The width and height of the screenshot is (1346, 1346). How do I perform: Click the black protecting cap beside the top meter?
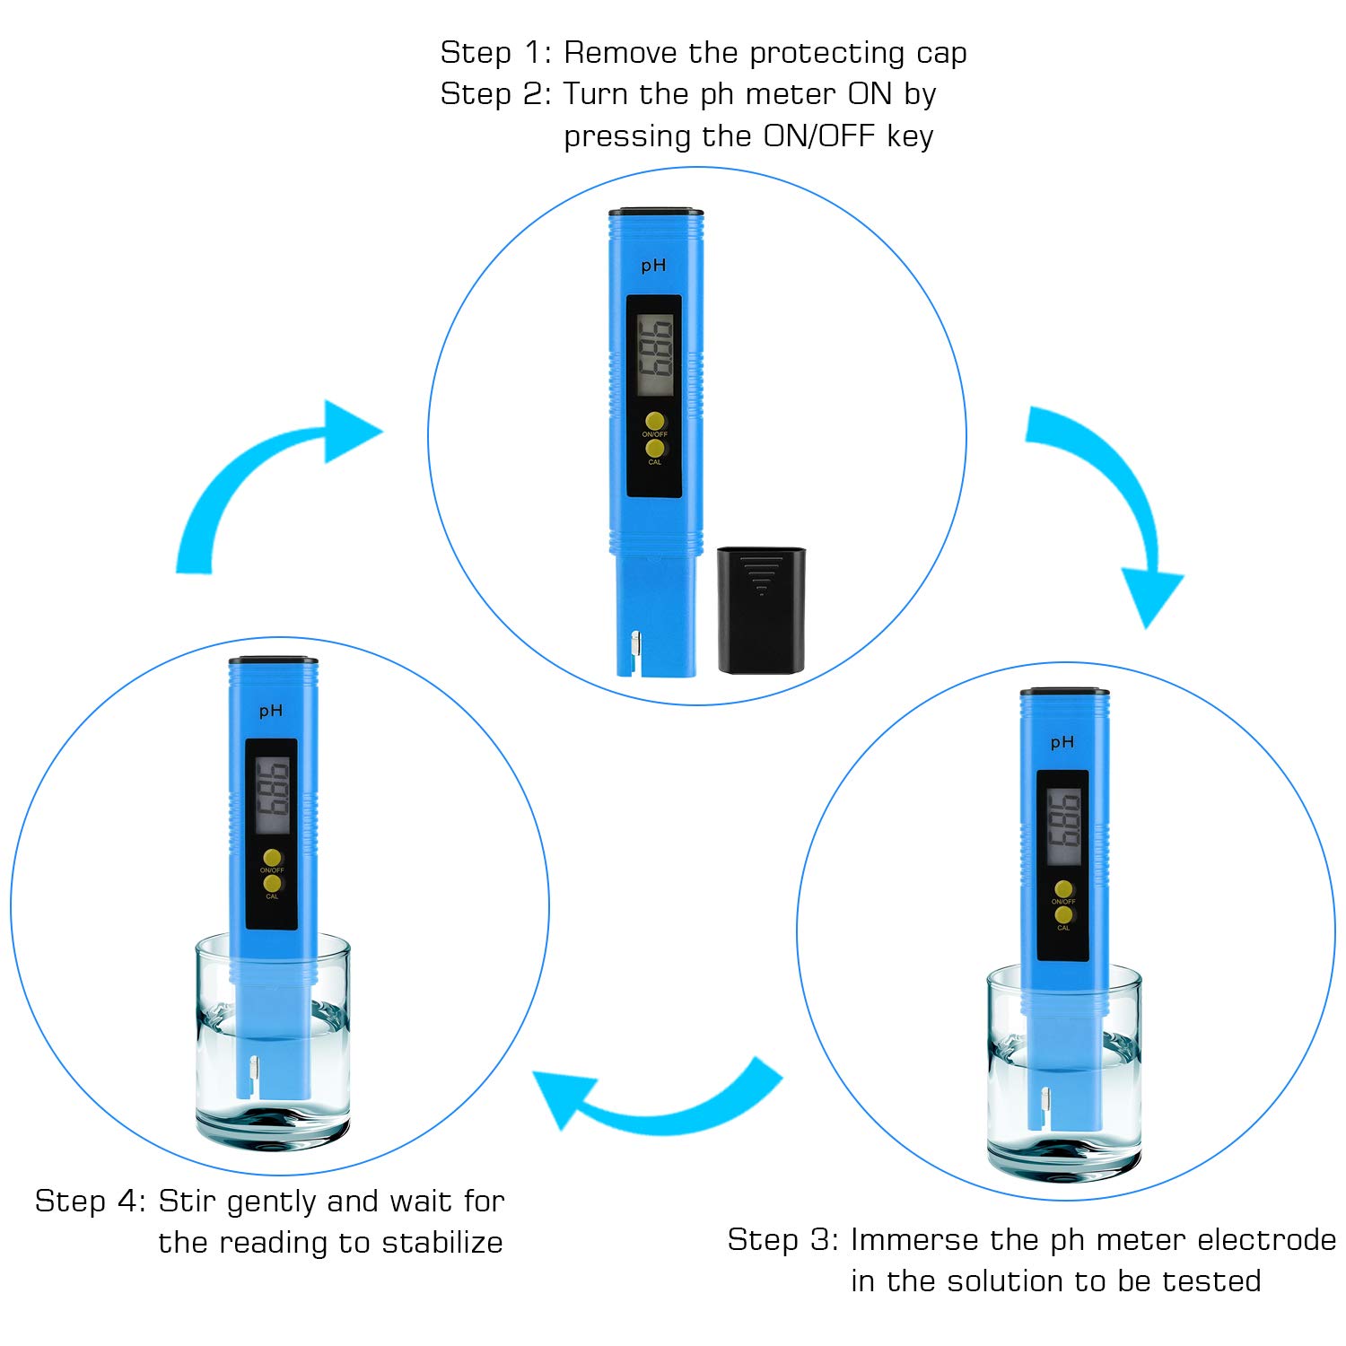(x=761, y=610)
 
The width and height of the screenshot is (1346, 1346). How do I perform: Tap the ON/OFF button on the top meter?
(x=655, y=421)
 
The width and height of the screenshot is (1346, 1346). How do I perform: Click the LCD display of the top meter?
(x=655, y=355)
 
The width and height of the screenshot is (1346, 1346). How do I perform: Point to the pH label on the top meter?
(x=653, y=266)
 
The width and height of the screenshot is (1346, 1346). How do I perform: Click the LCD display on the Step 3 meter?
(x=1064, y=827)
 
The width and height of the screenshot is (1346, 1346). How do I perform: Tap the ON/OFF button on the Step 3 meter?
(x=1063, y=889)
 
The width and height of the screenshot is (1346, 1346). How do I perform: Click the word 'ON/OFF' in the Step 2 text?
(x=818, y=136)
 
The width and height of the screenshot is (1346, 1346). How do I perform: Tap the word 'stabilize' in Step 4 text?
(x=441, y=1243)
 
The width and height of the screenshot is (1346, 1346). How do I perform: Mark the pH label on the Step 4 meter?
(x=271, y=711)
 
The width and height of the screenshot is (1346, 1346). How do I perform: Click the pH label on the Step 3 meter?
(x=1062, y=742)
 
